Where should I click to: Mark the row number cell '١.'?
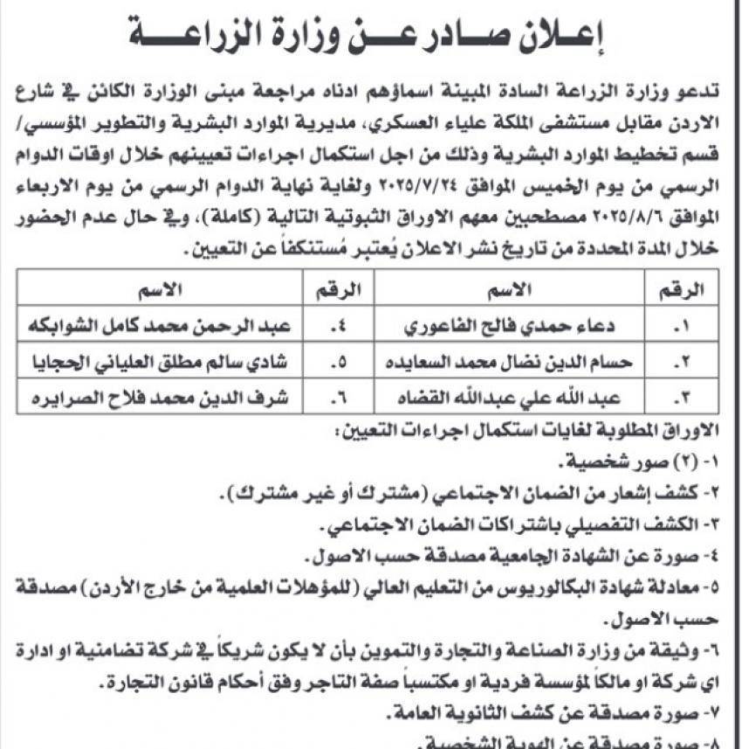[x=684, y=329]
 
